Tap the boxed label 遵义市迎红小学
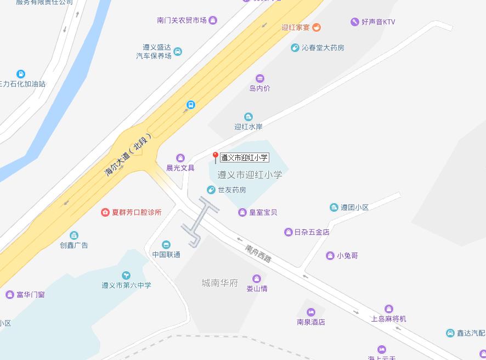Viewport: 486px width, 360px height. click(245, 157)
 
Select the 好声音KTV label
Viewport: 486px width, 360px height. click(378, 22)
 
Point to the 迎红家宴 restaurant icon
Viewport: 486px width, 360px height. click(317, 27)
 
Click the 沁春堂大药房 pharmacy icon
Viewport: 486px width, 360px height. click(295, 48)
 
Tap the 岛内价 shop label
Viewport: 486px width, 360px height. click(259, 88)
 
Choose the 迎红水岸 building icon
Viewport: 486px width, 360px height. click(248, 117)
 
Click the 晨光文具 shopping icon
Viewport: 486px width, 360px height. click(180, 158)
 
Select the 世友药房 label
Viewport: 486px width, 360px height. click(231, 190)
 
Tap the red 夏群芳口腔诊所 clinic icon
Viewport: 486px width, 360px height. click(105, 212)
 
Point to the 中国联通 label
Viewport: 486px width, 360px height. click(166, 255)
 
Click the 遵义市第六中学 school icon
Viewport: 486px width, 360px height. click(126, 275)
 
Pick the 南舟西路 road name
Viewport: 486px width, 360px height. click(258, 253)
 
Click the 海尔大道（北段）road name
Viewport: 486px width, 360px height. click(128, 154)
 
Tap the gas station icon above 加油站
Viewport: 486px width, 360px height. click(20, 74)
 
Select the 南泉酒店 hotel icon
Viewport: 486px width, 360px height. click(311, 312)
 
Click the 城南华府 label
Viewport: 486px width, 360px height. click(220, 283)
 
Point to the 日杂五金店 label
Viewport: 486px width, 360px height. click(312, 232)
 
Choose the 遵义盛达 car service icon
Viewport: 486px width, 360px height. click(178, 52)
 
